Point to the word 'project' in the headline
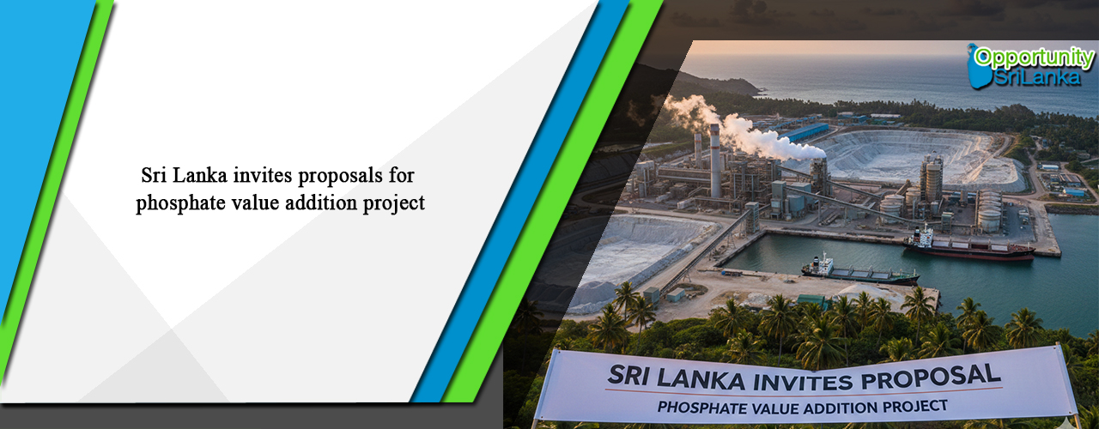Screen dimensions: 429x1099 394,205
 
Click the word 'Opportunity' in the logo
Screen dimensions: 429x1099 1034,58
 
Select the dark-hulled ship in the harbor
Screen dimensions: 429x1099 859,272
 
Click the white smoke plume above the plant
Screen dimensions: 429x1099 747,129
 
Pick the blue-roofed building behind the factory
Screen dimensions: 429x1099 807,132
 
